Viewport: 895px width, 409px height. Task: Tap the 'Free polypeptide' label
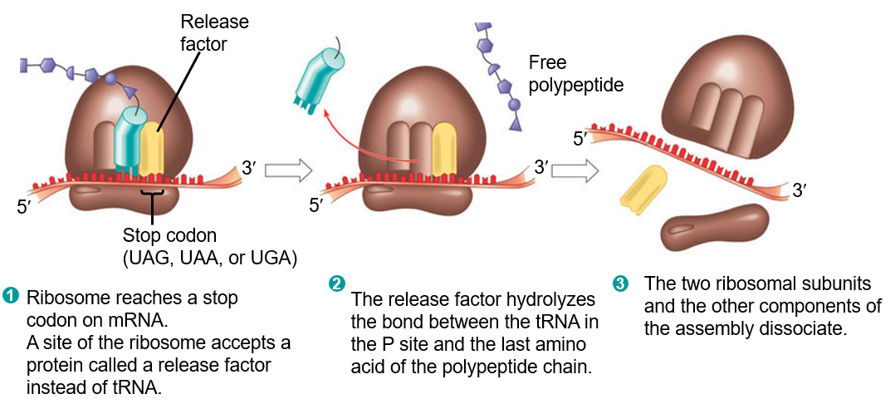coord(575,73)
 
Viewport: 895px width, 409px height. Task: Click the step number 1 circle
coord(11,294)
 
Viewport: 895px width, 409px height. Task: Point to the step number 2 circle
coord(337,283)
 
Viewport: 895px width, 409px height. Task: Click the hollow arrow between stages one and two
coord(287,171)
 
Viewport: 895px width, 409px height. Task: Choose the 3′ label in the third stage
coord(800,190)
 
